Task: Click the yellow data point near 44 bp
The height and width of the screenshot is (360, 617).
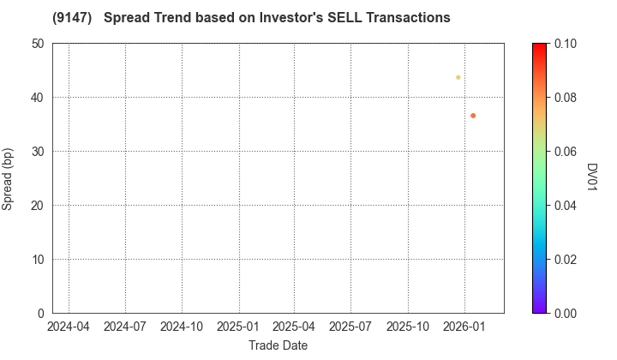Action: tap(458, 77)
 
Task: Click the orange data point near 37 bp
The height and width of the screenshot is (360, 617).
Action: tap(473, 116)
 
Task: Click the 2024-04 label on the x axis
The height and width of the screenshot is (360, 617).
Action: tap(69, 327)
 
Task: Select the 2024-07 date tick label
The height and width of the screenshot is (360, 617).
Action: tap(125, 327)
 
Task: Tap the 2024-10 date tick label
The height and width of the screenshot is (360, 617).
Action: tap(182, 327)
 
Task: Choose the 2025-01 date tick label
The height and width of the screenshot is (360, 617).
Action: tap(238, 327)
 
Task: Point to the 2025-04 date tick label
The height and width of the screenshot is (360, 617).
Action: tap(294, 327)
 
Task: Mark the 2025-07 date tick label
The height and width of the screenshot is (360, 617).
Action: tap(350, 327)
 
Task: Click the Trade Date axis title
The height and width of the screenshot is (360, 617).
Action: tap(278, 345)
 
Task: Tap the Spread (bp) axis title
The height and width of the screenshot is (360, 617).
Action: tap(10, 178)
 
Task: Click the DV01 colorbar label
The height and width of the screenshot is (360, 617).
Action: tap(592, 178)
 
